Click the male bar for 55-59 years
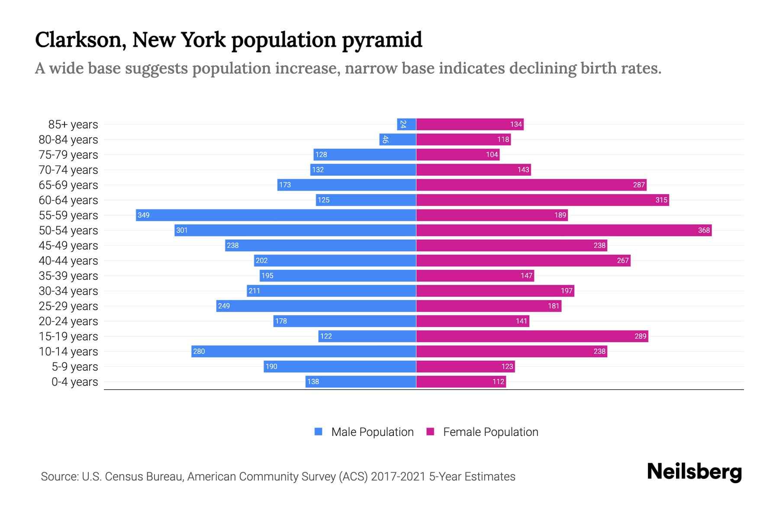pyautogui.click(x=276, y=215)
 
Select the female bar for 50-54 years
pyautogui.click(x=563, y=230)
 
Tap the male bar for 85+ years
pyautogui.click(x=407, y=124)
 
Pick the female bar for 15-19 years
pyautogui.click(x=532, y=336)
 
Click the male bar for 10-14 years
pyautogui.click(x=304, y=351)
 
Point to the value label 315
pyautogui.click(x=661, y=200)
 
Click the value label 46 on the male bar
pyautogui.click(x=385, y=139)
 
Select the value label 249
pyautogui.click(x=224, y=306)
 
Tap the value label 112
pyautogui.click(x=498, y=381)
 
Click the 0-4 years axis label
pyautogui.click(x=74, y=382)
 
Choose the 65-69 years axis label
pyautogui.click(x=68, y=185)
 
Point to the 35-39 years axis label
pyautogui.click(x=68, y=276)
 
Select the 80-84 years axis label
pyautogui.click(x=68, y=140)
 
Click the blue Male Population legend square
pyautogui.click(x=319, y=432)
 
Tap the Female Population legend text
pyautogui.click(x=490, y=432)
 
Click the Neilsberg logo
pyautogui.click(x=694, y=472)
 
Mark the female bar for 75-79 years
pyautogui.click(x=457, y=154)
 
